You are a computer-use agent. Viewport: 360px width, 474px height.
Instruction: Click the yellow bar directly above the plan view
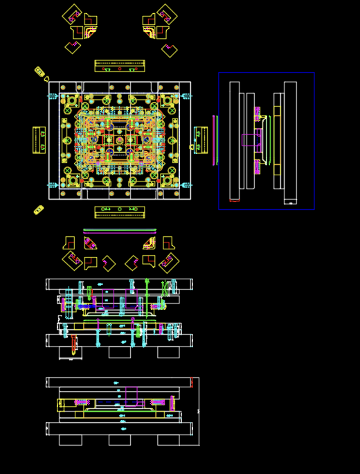pyautogui.click(x=120, y=66)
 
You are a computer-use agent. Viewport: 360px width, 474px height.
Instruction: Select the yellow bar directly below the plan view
pyautogui.click(x=120, y=212)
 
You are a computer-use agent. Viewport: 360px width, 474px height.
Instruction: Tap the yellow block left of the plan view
pyautogui.click(x=39, y=140)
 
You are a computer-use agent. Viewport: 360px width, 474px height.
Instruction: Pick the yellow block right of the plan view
pyautogui.click(x=200, y=140)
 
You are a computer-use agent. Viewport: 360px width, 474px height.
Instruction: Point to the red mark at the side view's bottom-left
pyautogui.click(x=235, y=201)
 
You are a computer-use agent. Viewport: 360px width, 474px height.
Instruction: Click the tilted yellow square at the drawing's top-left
pyautogui.click(x=72, y=14)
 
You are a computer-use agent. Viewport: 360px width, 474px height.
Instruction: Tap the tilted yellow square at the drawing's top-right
pyautogui.click(x=167, y=14)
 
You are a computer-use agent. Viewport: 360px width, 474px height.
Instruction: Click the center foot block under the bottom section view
pyautogui.click(x=120, y=440)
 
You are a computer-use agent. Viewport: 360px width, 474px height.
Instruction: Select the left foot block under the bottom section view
pyautogui.click(x=71, y=440)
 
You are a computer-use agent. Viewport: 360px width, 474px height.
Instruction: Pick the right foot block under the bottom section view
pyautogui.click(x=168, y=440)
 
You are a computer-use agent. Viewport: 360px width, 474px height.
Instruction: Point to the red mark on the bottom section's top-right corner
pyautogui.click(x=192, y=382)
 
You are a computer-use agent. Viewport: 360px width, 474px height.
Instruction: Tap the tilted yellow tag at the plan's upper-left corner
pyautogui.click(x=39, y=71)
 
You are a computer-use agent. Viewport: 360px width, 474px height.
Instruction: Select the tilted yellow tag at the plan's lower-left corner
pyautogui.click(x=39, y=210)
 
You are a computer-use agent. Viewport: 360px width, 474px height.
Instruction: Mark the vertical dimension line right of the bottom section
pyautogui.click(x=199, y=411)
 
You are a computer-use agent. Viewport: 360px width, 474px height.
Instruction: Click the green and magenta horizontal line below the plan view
pyautogui.click(x=120, y=231)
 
